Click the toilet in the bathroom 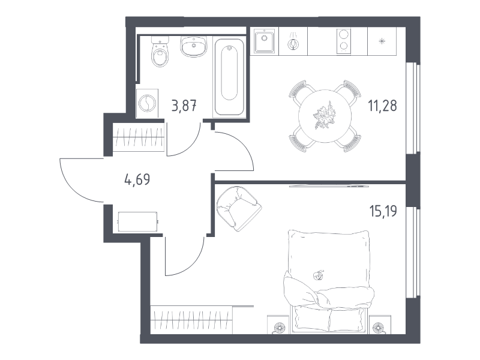pos(160,51)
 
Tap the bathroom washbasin pos(193,46)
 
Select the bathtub pos(229,77)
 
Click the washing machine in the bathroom pos(147,103)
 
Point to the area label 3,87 pos(184,106)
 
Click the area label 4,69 pos(137,179)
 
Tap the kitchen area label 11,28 pos(382,106)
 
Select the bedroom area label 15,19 pos(383,211)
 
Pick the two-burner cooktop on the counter pos(344,41)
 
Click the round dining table pos(325,116)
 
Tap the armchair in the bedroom pos(238,208)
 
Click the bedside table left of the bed pos(278,324)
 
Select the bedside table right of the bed pos(379,324)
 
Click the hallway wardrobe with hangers pos(139,137)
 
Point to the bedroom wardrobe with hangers pos(191,319)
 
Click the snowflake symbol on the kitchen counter pos(382,41)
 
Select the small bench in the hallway pos(138,221)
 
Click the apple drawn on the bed pos(319,275)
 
